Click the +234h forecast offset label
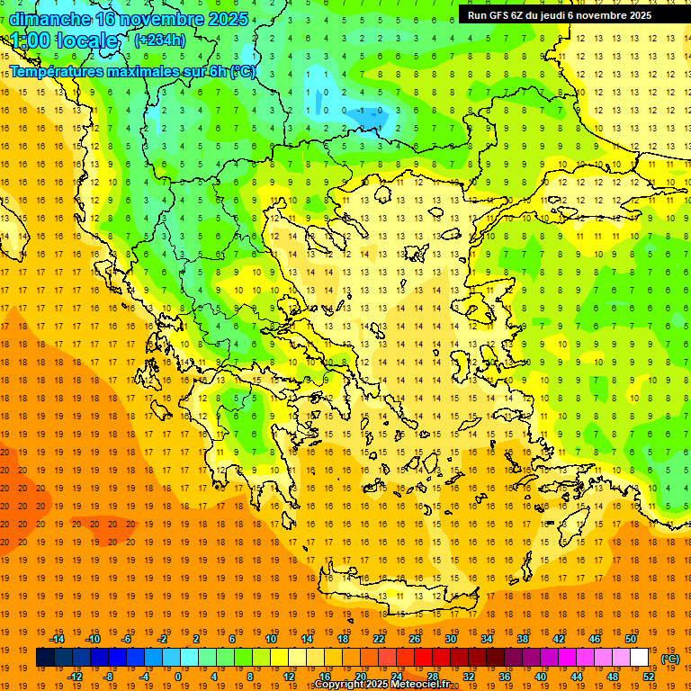tap(159, 40)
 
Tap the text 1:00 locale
tap(65, 40)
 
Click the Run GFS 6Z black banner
tap(567, 15)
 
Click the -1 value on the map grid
tap(362, 111)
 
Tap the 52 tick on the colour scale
tap(649, 677)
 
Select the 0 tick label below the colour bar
tap(178, 677)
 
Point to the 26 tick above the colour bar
tap(415, 639)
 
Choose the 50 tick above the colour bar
tap(631, 639)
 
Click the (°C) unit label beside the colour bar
tap(669, 659)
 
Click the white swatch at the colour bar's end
tap(640, 658)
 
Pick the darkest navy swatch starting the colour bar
tap(45, 658)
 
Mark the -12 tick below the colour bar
tap(75, 677)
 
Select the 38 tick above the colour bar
tap(523, 639)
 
